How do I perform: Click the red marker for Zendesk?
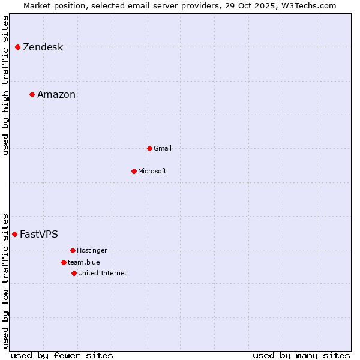(x=18, y=47)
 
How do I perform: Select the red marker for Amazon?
(x=32, y=94)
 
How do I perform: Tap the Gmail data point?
(x=149, y=148)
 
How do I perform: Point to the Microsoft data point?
(x=134, y=171)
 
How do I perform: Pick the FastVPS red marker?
(x=14, y=234)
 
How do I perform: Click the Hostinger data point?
(x=73, y=250)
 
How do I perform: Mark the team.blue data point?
(x=64, y=262)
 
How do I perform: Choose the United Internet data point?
(x=74, y=273)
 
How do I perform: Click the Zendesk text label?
(x=43, y=47)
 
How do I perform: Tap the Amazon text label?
(x=56, y=95)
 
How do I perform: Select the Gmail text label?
(x=163, y=149)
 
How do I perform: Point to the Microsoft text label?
(x=152, y=172)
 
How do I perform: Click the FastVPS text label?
(x=39, y=235)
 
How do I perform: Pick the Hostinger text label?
(x=92, y=251)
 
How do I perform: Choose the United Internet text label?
(x=103, y=274)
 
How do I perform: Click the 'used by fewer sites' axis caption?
(x=62, y=355)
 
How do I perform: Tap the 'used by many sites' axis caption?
(x=301, y=355)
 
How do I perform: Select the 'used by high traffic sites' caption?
(x=6, y=85)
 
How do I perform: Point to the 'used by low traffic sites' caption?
(x=6, y=280)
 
